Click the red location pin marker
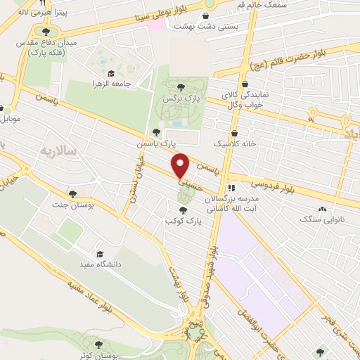[181, 165]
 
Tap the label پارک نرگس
[181, 99]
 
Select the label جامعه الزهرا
[110, 84]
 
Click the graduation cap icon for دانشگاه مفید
[100, 253]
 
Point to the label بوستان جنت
[73, 205]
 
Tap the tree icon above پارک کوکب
[184, 210]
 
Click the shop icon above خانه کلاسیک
[234, 132]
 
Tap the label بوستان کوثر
[95, 356]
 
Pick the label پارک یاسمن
[156, 143]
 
